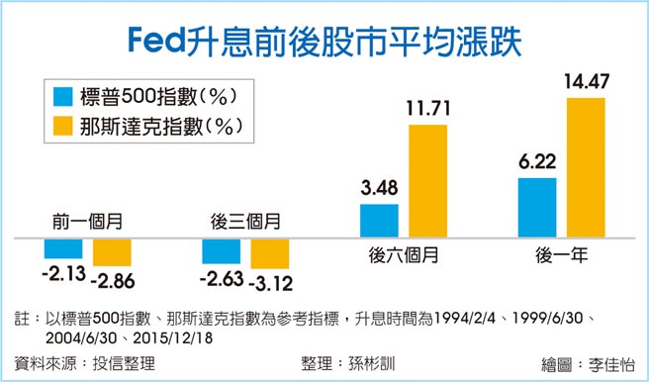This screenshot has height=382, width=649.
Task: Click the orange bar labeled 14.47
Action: click(x=586, y=167)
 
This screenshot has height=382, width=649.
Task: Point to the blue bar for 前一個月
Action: click(x=62, y=248)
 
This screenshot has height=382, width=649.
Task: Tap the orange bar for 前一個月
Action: click(x=111, y=252)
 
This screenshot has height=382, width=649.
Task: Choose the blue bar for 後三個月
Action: click(x=221, y=251)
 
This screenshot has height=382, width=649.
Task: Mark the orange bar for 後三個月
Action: click(x=269, y=254)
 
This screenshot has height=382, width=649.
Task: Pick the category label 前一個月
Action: click(x=86, y=222)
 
